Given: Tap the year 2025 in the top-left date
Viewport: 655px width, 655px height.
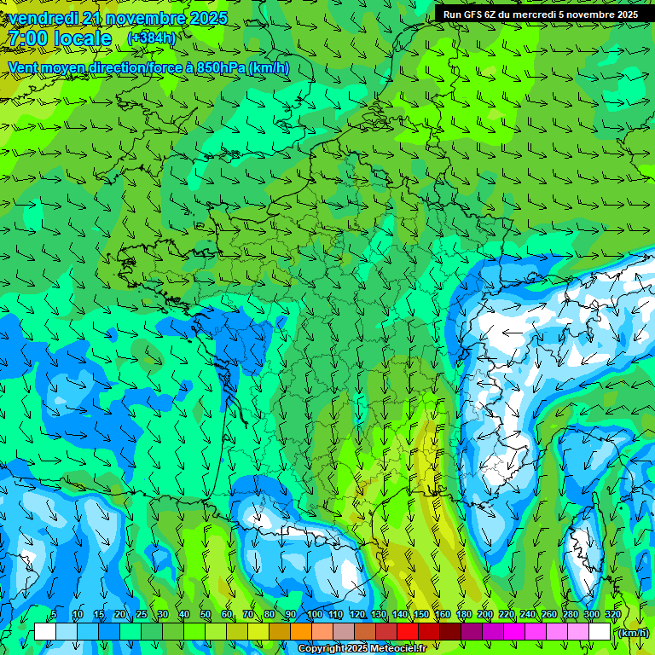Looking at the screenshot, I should pyautogui.click(x=207, y=17).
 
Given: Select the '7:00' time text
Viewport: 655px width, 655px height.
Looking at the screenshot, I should pyautogui.click(x=26, y=38).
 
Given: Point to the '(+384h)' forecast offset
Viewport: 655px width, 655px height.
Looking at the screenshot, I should pyautogui.click(x=151, y=38).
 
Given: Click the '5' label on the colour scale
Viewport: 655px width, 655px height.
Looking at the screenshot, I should pyautogui.click(x=54, y=615).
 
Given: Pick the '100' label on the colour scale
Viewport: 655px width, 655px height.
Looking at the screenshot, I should pyautogui.click(x=315, y=615).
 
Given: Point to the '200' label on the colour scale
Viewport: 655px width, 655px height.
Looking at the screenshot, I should pyautogui.click(x=485, y=615).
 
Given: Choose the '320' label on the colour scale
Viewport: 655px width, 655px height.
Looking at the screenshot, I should pyautogui.click(x=613, y=615).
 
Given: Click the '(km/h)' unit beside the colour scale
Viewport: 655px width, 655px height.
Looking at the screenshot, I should pyautogui.click(x=632, y=632).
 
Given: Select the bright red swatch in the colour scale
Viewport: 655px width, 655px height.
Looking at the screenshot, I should pyautogui.click(x=407, y=631).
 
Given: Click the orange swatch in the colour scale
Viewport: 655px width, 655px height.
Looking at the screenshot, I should pyautogui.click(x=300, y=631).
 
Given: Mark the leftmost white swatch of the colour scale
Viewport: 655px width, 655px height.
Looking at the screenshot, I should pyautogui.click(x=44, y=631).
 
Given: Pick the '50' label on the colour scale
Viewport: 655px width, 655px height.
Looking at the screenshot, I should pyautogui.click(x=206, y=615).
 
